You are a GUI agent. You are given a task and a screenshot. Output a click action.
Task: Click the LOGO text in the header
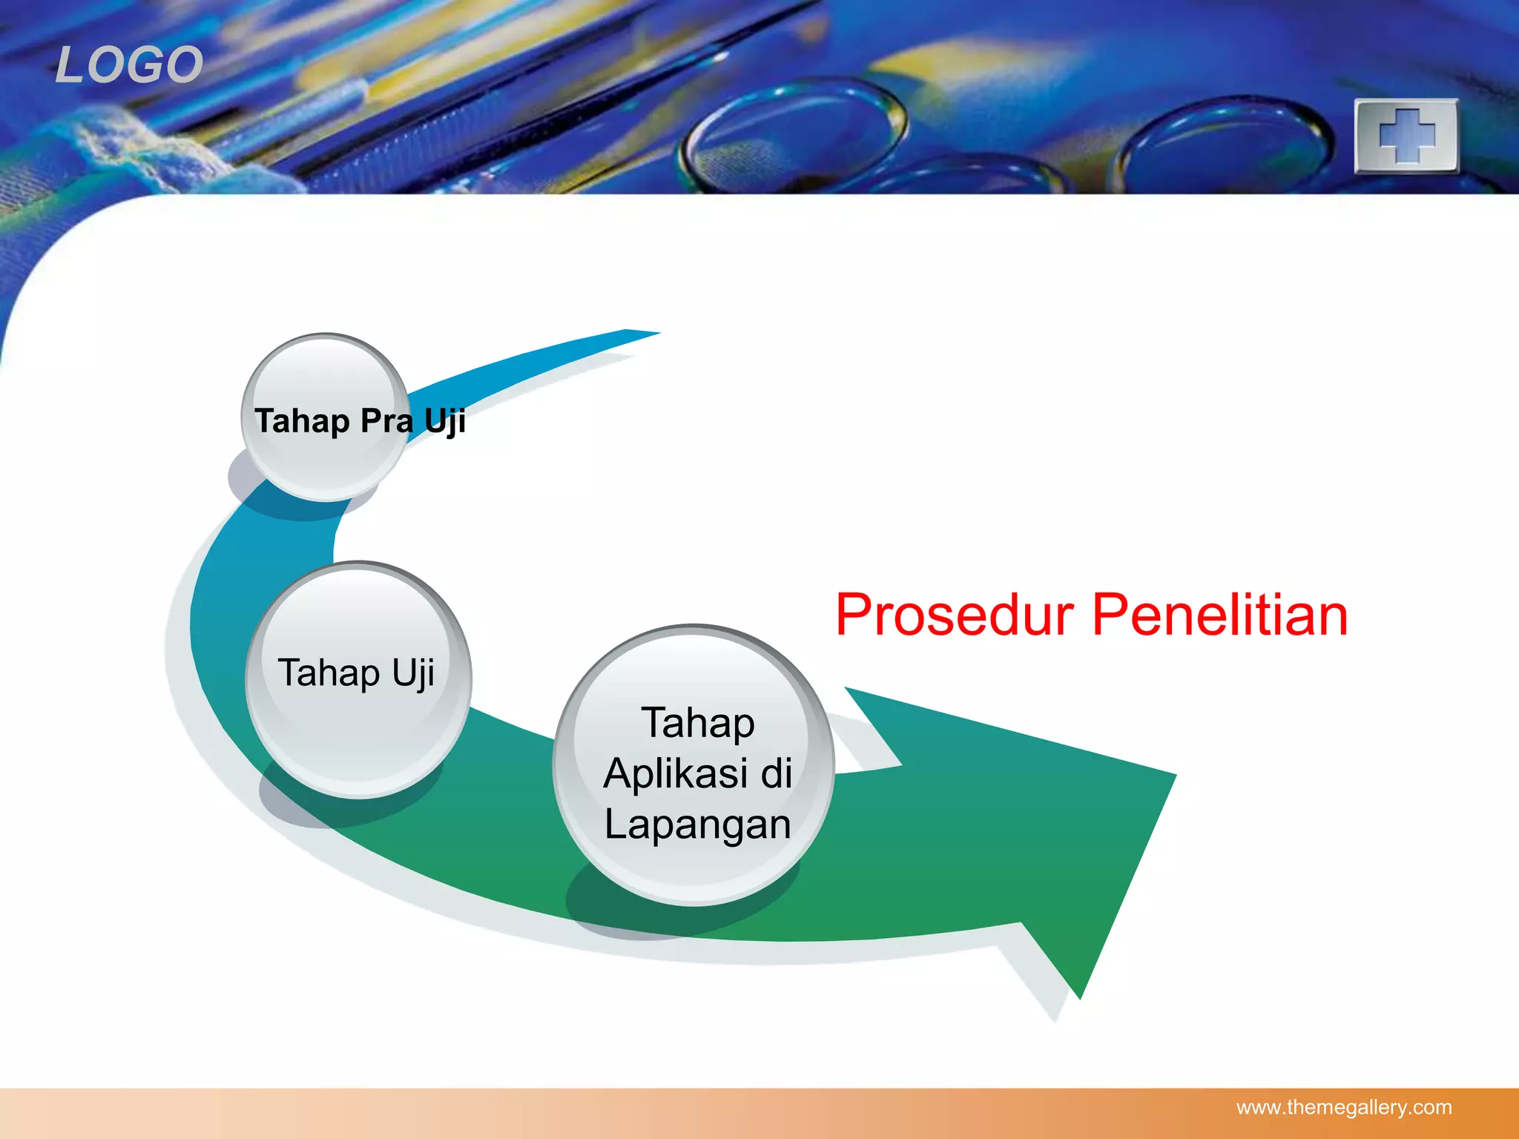[x=129, y=65]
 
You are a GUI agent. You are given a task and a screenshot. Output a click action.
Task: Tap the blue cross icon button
[x=1406, y=136]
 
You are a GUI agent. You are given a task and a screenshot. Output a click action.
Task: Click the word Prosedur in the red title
[x=954, y=615]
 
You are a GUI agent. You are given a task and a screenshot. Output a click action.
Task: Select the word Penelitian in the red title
[x=1219, y=615]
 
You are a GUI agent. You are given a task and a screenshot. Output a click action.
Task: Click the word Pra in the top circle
[x=386, y=421]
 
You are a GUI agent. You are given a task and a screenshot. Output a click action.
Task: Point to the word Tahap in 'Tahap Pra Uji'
[x=302, y=421]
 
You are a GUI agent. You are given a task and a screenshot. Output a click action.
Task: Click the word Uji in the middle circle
[x=413, y=673]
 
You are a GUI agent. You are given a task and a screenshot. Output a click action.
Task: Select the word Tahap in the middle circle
[x=329, y=673]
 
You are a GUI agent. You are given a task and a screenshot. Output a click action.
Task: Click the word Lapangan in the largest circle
[x=697, y=825]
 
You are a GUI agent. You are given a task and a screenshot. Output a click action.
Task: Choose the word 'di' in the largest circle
[x=777, y=773]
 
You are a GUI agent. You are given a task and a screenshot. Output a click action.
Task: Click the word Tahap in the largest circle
[x=697, y=723]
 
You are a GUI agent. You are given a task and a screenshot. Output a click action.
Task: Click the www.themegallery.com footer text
[x=1343, y=1108]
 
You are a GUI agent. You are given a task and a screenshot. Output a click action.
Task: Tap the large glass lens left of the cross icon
[x=1224, y=141]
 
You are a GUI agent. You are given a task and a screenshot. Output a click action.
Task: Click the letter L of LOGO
[x=72, y=65]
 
